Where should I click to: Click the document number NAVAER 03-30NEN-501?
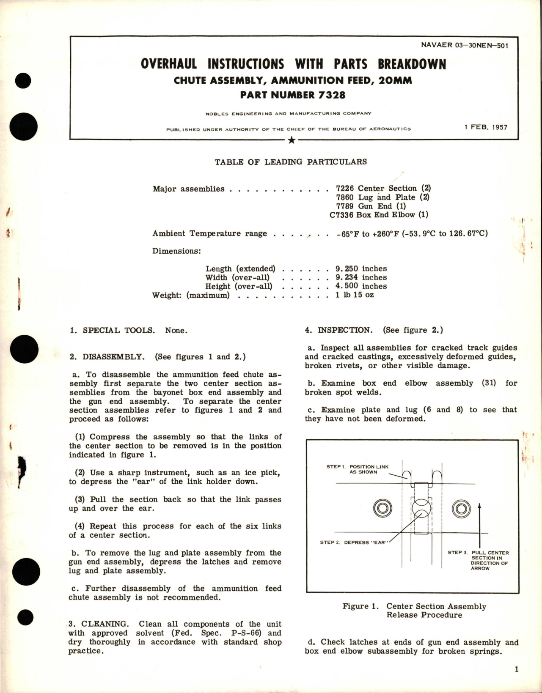[464, 45]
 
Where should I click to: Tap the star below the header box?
[291, 140]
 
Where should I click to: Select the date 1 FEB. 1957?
[485, 127]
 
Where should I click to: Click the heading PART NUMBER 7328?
[293, 95]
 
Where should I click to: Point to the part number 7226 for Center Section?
[344, 188]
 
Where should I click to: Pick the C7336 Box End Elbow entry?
[379, 215]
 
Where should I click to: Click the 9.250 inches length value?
[361, 268]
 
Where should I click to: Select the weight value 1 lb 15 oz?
[355, 295]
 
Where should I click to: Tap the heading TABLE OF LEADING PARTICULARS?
[291, 162]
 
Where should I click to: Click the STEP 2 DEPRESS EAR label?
[354, 542]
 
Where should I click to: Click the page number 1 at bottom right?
[517, 669]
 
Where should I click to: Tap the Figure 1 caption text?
[414, 611]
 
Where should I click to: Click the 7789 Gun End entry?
[371, 206]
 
